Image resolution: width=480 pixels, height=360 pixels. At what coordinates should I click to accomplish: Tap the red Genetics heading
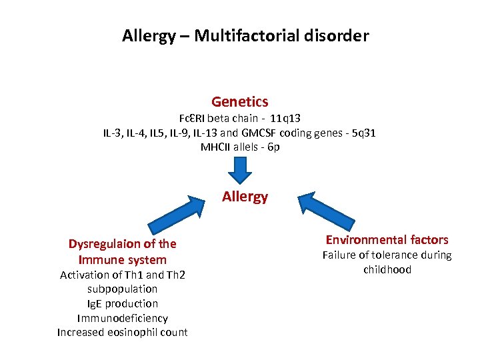240,102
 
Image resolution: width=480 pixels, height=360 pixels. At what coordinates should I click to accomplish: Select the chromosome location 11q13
286,118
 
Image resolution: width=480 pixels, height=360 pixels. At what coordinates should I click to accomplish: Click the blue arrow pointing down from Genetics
240,172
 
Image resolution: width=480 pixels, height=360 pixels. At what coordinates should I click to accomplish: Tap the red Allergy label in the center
245,197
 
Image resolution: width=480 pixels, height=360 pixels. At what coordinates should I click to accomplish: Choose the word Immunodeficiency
123,318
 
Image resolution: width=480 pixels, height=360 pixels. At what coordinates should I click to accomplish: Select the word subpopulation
123,289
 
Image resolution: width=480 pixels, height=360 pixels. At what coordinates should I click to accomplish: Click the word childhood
387,269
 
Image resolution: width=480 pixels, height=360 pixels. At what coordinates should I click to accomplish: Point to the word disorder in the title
339,35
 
